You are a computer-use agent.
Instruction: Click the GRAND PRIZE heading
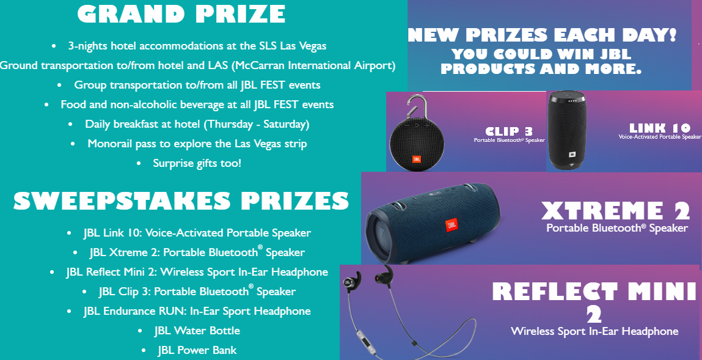click(181, 15)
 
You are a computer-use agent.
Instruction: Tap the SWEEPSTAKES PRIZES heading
click(181, 200)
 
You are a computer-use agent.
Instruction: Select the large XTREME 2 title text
click(616, 211)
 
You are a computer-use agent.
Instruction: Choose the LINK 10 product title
click(660, 128)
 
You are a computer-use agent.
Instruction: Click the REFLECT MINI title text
click(594, 292)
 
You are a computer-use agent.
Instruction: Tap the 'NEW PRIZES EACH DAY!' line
click(542, 35)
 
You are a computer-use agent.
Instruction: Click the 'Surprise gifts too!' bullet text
click(197, 164)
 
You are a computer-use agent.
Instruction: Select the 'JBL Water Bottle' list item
click(197, 331)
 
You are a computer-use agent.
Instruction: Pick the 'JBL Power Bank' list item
click(197, 350)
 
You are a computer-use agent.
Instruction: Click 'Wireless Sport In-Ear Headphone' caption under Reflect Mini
click(594, 331)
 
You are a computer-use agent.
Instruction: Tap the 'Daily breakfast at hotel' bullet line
click(197, 124)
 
